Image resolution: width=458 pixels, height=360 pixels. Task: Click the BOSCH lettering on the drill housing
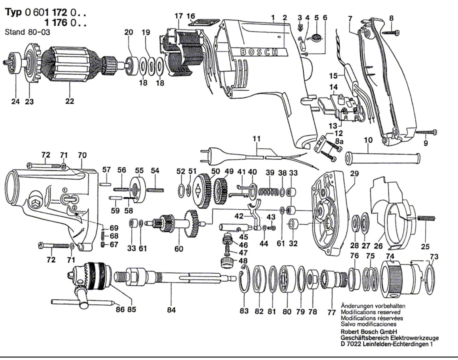(x=259, y=52)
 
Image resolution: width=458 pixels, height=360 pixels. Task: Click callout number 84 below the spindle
(x=171, y=310)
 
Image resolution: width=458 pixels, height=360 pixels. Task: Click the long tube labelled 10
(x=382, y=158)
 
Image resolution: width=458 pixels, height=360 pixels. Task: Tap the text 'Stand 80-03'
(x=27, y=32)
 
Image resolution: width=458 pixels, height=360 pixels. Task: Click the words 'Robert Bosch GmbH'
(x=369, y=332)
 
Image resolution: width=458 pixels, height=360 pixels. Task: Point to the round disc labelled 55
(x=138, y=190)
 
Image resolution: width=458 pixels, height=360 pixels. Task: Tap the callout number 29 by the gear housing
(x=354, y=174)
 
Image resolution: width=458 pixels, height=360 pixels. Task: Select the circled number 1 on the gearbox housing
(x=65, y=190)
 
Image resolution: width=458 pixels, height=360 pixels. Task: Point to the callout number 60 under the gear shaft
(x=179, y=248)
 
